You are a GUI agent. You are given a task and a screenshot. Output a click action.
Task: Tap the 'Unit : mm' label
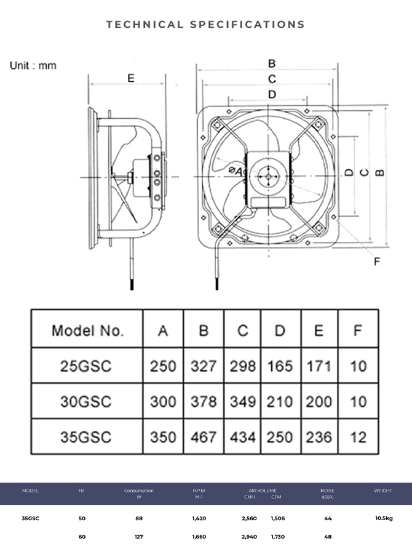[33, 65]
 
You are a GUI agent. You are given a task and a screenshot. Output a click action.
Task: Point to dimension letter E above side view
[130, 78]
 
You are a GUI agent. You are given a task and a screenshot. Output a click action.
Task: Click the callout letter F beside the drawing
[377, 262]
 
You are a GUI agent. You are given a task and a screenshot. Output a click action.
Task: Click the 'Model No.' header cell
[87, 331]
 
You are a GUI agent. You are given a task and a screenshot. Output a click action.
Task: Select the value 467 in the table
[203, 437]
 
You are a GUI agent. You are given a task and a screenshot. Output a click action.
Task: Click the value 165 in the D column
[280, 366]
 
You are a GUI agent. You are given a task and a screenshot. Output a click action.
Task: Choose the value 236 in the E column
[319, 437]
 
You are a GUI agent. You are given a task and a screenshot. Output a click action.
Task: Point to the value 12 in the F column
[358, 437]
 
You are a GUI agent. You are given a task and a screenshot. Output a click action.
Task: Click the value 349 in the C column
[242, 401]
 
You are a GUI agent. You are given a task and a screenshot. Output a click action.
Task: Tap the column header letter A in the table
[163, 331]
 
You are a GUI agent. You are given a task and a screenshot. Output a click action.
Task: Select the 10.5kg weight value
[383, 518]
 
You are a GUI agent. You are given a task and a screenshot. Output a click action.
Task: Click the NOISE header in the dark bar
[328, 491]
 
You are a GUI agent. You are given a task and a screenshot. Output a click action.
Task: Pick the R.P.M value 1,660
[199, 537]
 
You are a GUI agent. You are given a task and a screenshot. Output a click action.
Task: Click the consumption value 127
[139, 537]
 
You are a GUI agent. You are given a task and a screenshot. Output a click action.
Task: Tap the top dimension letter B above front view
[272, 63]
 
